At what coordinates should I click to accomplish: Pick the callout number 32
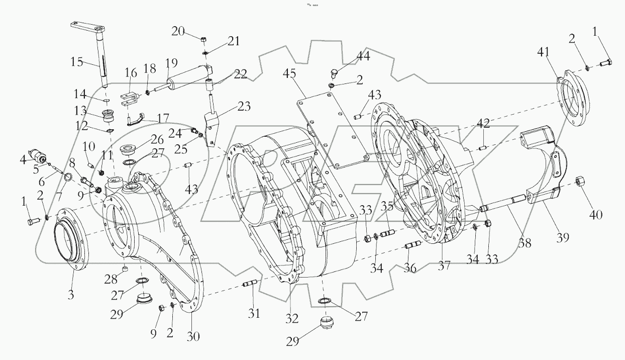click(x=292, y=318)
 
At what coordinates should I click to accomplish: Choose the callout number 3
click(x=71, y=295)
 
